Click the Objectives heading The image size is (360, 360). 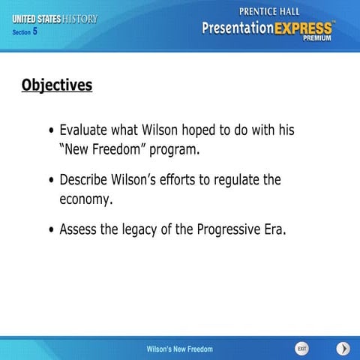click(x=57, y=85)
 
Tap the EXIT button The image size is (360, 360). click(x=301, y=349)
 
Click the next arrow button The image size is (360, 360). click(x=343, y=349)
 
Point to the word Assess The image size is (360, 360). click(x=79, y=229)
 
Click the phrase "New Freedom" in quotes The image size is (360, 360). click(x=102, y=148)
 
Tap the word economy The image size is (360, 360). click(x=85, y=199)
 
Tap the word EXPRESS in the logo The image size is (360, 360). click(x=298, y=28)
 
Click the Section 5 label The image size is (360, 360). click(x=25, y=31)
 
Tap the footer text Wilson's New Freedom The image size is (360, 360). click(x=179, y=349)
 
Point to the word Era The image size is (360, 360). click(x=274, y=229)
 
